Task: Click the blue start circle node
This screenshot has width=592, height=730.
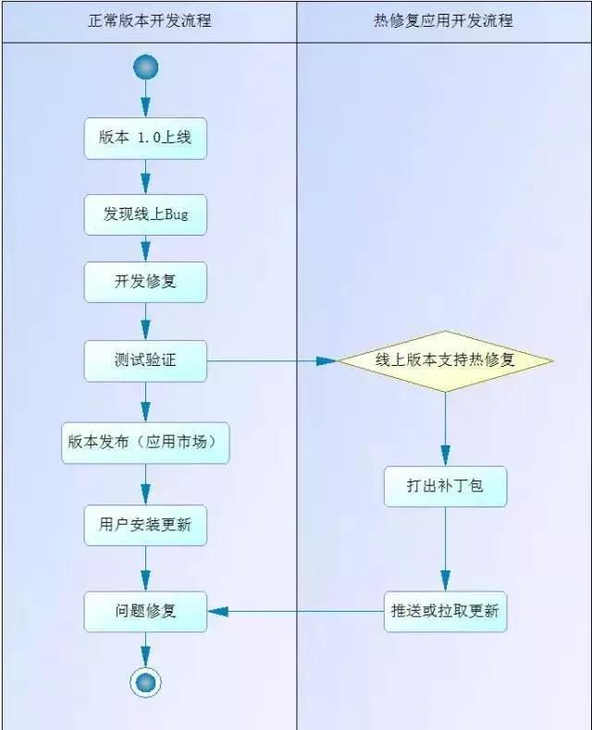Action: (x=145, y=67)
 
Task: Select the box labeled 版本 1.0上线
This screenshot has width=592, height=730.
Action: (x=145, y=139)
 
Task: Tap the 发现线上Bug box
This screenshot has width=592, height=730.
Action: (x=145, y=214)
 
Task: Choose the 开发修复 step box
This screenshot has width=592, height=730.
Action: (x=145, y=283)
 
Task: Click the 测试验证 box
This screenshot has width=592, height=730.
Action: (x=145, y=360)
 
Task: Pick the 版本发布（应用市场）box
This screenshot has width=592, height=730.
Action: (x=145, y=443)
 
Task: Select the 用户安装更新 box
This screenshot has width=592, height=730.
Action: (x=145, y=525)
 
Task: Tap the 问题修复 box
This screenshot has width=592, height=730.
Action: (x=145, y=611)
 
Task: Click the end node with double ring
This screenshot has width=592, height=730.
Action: (x=145, y=683)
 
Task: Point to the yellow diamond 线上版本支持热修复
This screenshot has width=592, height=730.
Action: (x=445, y=360)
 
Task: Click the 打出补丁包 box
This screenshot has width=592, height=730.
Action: (x=445, y=486)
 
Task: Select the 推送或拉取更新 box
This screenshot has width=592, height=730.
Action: (x=445, y=611)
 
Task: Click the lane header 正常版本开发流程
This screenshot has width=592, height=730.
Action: (x=149, y=19)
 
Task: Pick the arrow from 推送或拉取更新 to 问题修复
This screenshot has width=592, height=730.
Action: (x=296, y=611)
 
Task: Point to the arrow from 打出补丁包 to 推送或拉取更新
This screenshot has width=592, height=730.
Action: (x=445, y=550)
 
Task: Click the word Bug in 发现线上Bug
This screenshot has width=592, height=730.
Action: (x=176, y=214)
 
